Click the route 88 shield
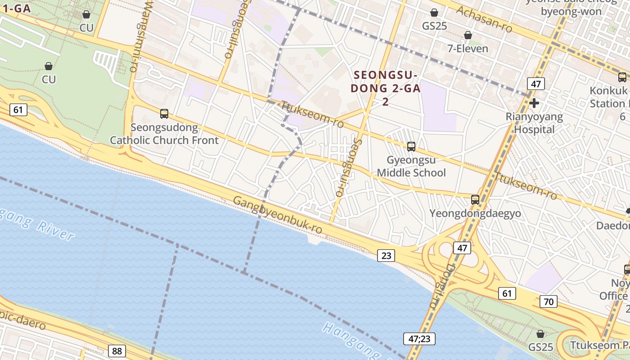117,351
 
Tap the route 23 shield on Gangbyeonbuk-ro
386,256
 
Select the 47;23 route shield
419,338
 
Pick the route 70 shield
549,301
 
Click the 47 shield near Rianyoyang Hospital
536,84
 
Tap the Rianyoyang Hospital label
534,123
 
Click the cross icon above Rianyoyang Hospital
534,103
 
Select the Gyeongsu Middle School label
411,166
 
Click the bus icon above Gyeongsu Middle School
411,146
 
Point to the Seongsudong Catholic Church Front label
164,134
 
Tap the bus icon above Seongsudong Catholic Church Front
164,114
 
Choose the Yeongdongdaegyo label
475,213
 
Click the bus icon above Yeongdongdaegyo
475,199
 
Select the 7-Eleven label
468,48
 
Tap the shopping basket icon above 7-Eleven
468,35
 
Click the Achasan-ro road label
484,19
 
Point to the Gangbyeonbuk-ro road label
278,215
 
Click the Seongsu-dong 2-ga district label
386,88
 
